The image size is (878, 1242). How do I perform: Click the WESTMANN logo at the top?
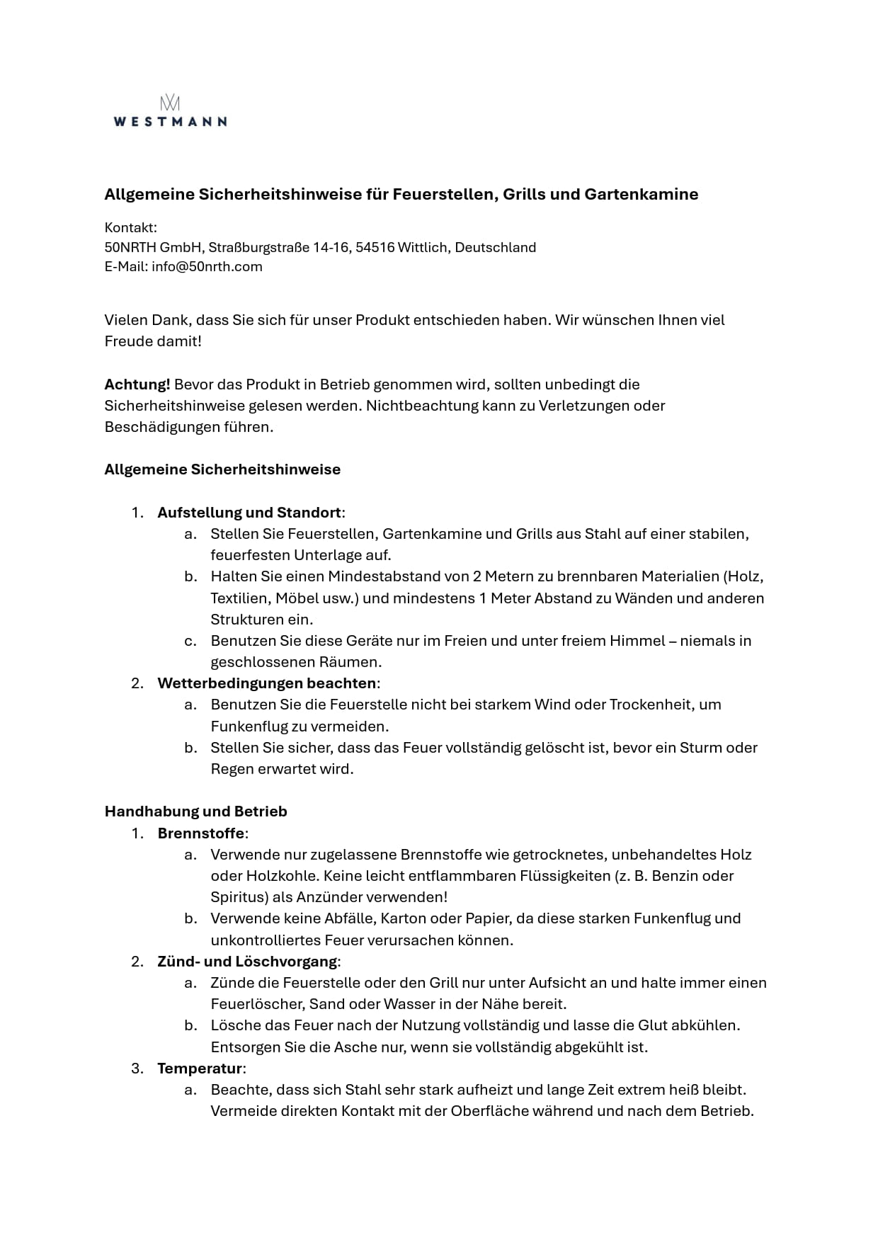tap(170, 112)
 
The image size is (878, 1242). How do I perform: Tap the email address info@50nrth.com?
tap(207, 267)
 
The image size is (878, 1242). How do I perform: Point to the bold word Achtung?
tap(137, 384)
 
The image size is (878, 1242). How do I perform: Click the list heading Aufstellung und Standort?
tap(249, 513)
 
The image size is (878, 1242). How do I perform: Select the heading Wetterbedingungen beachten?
tap(267, 683)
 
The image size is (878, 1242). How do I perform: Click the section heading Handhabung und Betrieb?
tap(195, 811)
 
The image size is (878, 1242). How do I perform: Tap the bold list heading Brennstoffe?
tap(201, 833)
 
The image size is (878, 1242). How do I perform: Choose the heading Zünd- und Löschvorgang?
tap(247, 962)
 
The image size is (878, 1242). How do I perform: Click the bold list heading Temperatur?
tap(200, 1069)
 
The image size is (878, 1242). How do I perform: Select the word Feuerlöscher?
tap(252, 1004)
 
